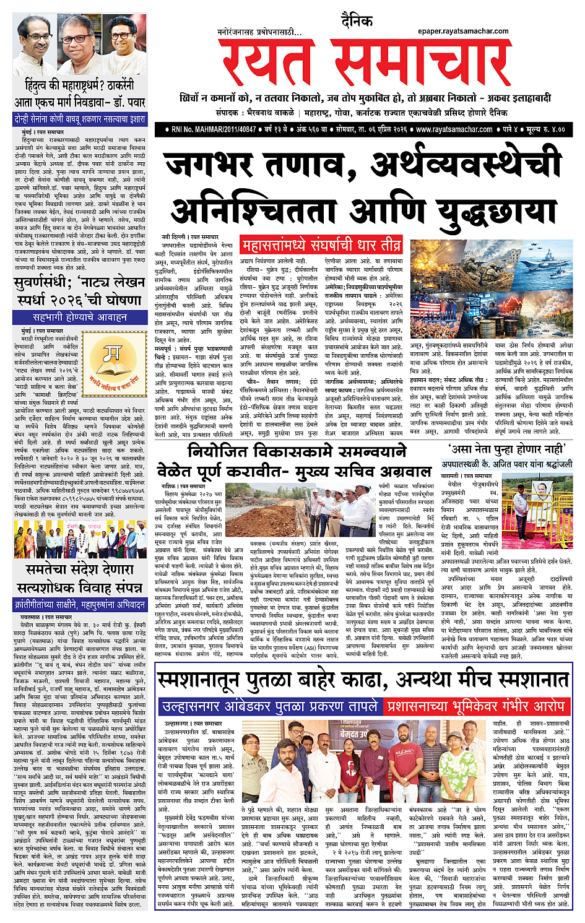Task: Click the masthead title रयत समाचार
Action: tap(365, 63)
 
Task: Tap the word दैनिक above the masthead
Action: tap(357, 22)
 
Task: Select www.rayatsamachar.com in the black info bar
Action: tap(454, 129)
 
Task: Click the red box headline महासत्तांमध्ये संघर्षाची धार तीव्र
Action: tap(321, 245)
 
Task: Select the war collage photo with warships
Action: tap(492, 288)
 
